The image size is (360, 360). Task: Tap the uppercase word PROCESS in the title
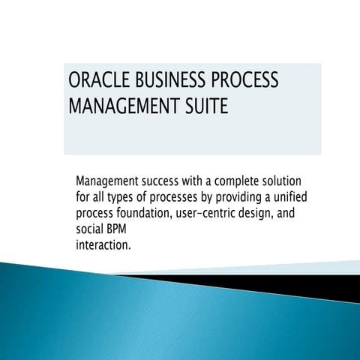point(246,80)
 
